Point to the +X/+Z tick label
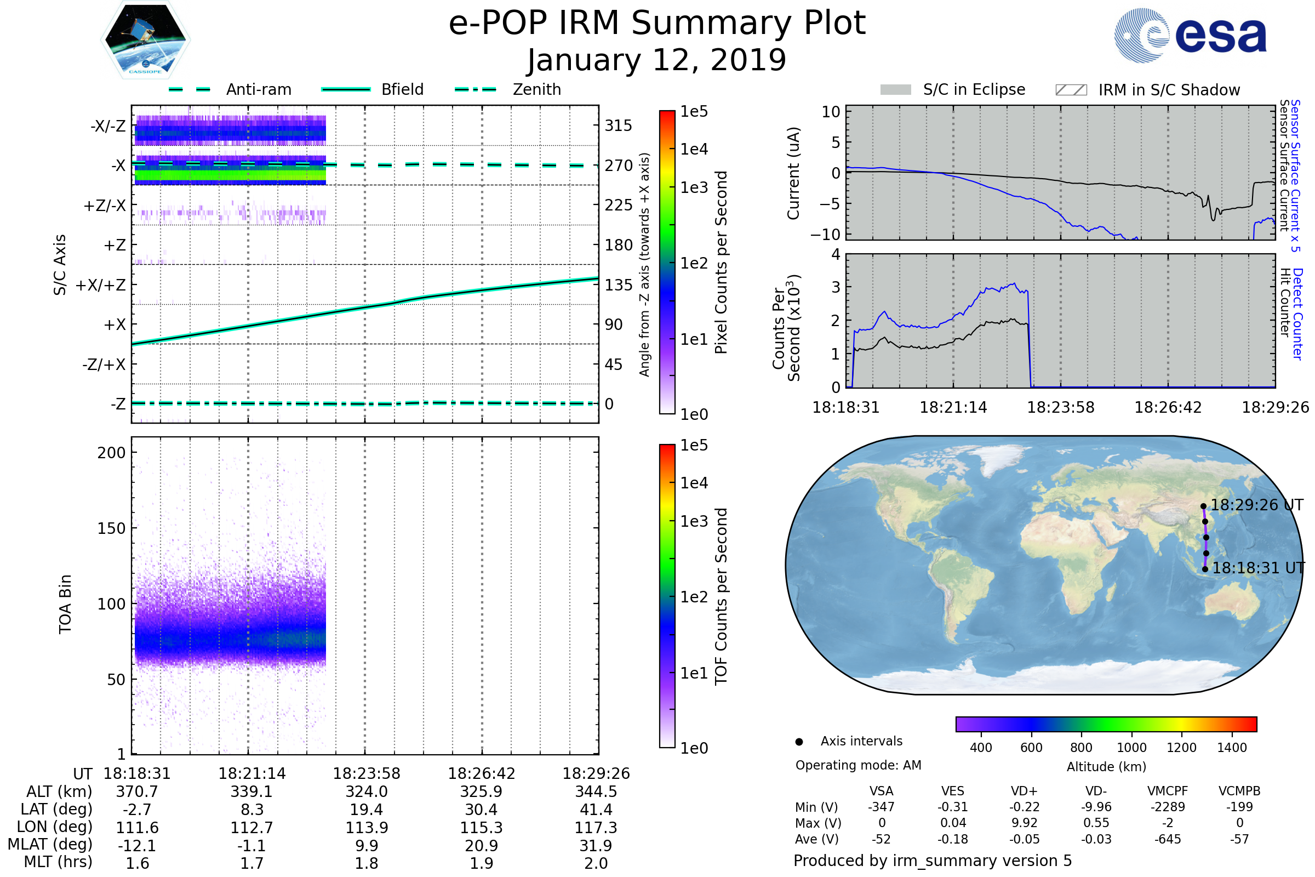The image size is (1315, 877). click(101, 285)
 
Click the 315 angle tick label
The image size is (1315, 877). click(618, 126)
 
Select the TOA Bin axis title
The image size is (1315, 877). click(65, 603)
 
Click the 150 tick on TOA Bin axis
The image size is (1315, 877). click(111, 528)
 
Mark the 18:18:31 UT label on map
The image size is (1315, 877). click(1258, 568)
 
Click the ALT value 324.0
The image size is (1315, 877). click(366, 791)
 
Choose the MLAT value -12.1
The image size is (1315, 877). click(137, 845)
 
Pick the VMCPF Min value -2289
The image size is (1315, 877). click(1168, 806)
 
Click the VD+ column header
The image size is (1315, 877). click(1024, 791)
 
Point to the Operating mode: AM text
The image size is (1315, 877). click(858, 765)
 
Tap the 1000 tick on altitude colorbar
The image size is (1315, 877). click(1131, 747)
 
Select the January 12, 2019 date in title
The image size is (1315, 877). click(656, 60)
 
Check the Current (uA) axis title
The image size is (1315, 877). click(793, 173)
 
